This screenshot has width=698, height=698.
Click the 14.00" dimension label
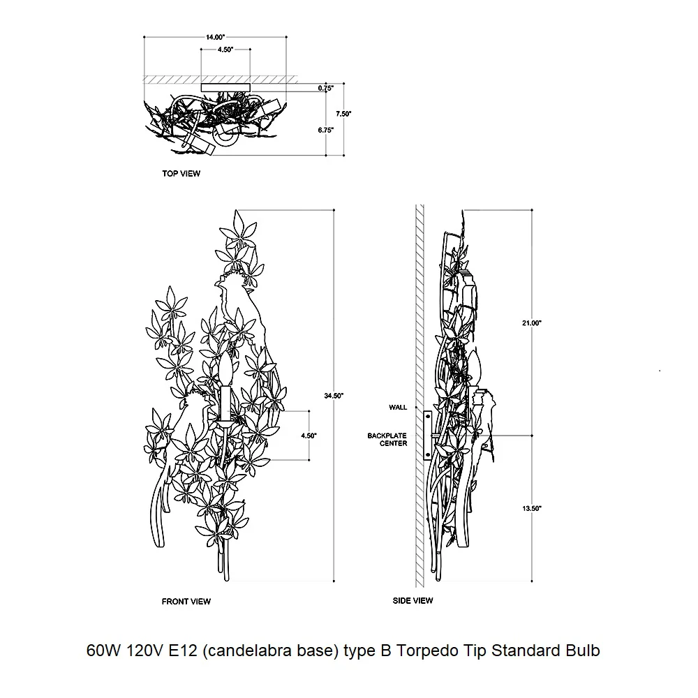[x=215, y=37]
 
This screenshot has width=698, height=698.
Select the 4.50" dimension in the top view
[x=225, y=50]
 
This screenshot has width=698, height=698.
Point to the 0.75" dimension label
[x=326, y=88]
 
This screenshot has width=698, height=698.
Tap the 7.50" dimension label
[x=343, y=114]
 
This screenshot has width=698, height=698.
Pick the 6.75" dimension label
[x=326, y=130]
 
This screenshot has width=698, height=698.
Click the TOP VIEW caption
[x=181, y=174]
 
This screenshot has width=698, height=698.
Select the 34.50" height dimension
[x=334, y=396]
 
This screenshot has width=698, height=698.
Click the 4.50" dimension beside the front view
[x=309, y=436]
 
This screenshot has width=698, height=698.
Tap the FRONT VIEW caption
[x=186, y=602]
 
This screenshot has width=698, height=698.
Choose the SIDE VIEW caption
[x=413, y=600]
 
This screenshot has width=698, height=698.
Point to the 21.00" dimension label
[x=531, y=323]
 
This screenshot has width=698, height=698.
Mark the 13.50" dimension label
[x=531, y=508]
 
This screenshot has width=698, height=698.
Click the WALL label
[x=398, y=408]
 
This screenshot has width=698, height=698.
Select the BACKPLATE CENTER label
[x=387, y=439]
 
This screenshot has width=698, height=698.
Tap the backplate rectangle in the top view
[x=225, y=88]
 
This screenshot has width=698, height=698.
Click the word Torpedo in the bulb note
[x=427, y=651]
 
